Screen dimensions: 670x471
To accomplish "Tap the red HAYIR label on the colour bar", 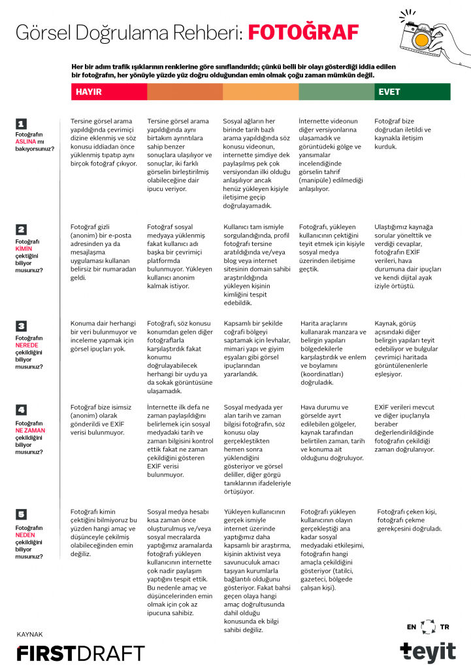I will coord(89,92).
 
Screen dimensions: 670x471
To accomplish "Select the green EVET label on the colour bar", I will coord(390,92).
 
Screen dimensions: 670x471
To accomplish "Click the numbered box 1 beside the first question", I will coord(21,124).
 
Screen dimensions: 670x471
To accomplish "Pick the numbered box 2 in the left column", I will coord(21,229).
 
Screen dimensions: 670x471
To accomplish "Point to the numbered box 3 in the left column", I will coord(21,325).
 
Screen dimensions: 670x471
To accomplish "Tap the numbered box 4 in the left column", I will coord(21,410).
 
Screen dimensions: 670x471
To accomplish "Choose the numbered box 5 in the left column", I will coord(21,514).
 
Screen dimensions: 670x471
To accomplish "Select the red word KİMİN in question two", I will coord(24,249).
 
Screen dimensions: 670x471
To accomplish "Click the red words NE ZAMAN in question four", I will coord(29,431).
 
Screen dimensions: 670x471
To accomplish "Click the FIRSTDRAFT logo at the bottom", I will coord(80,652).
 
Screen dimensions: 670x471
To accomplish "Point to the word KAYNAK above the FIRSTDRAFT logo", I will coord(30,634).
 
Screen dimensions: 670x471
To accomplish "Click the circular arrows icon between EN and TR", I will coord(428,627).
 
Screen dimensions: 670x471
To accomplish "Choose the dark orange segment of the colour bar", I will coord(185,92).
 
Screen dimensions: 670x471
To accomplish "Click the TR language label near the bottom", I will coord(445,627).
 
